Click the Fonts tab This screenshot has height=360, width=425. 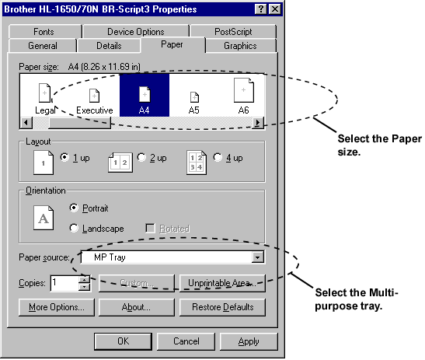pos(45,31)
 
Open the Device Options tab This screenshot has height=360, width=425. pos(136,31)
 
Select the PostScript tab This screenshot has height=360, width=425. pos(233,31)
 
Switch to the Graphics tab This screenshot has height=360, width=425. pos(240,46)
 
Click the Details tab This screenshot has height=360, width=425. pos(109,46)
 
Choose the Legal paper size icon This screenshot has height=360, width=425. pos(45,93)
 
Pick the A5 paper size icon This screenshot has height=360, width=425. pos(194,97)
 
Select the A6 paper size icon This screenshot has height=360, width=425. pos(244,90)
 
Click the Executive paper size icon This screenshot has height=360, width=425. pos(94,96)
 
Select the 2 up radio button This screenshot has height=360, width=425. pos(141,157)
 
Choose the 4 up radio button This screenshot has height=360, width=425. pos(218,157)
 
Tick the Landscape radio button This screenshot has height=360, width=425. pos(74,228)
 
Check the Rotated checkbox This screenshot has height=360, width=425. pos(150,228)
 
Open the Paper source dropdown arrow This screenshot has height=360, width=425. pos(257,257)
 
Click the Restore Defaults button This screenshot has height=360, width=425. pos(222,307)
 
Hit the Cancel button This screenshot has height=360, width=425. pos(186,341)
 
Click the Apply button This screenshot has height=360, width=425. pos(249,341)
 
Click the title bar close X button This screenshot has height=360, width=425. pos(275,9)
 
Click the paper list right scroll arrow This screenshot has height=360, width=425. pos(258,123)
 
